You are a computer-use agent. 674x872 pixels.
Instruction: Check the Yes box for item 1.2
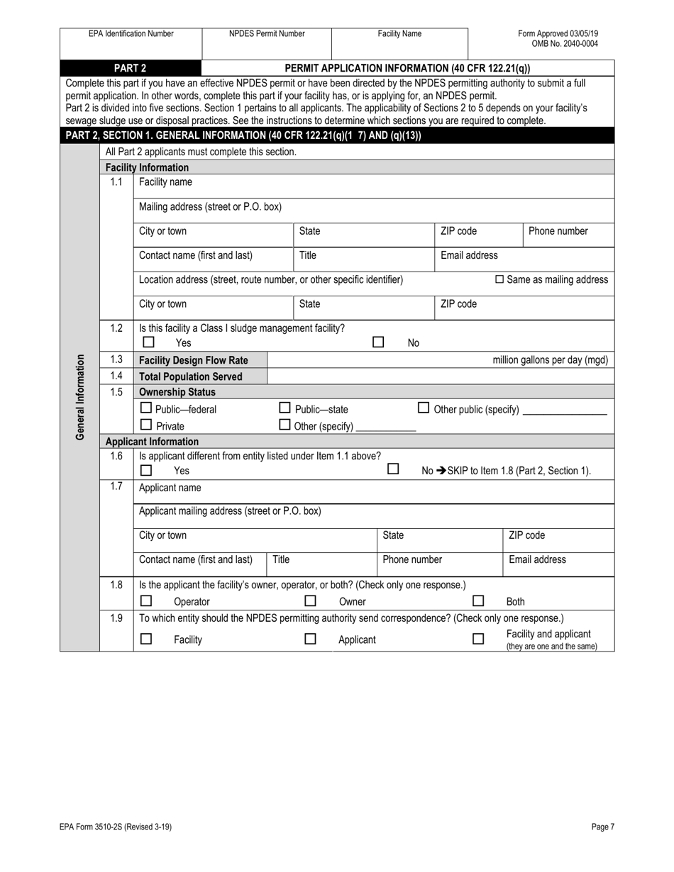tap(149, 342)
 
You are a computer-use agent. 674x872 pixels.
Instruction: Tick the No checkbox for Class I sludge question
tap(379, 342)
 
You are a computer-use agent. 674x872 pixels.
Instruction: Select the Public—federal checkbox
tap(146, 408)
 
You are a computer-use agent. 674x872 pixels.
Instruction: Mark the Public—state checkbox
tap(284, 408)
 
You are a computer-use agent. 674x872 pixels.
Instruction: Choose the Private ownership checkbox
tap(146, 425)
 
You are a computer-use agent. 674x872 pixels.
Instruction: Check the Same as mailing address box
tap(499, 279)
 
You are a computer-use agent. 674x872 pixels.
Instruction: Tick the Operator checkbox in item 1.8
tap(146, 601)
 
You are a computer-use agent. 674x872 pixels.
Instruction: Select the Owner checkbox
tap(310, 601)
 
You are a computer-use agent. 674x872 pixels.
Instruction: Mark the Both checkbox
tap(478, 601)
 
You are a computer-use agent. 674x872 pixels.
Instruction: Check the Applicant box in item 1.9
tap(310, 639)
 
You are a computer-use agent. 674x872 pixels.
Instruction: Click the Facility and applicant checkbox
tap(478, 639)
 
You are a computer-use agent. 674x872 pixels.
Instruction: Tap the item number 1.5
tap(116, 391)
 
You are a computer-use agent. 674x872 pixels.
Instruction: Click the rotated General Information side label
tap(80, 397)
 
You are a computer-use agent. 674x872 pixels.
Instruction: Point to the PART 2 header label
tap(131, 68)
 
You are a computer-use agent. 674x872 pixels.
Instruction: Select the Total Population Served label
tap(191, 376)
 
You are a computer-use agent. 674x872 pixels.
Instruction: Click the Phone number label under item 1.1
tap(558, 231)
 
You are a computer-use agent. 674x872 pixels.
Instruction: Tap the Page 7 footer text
tap(602, 827)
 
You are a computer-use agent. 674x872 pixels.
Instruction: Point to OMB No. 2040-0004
tap(565, 43)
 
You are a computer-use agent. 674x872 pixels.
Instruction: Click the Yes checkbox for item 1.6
tap(146, 470)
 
